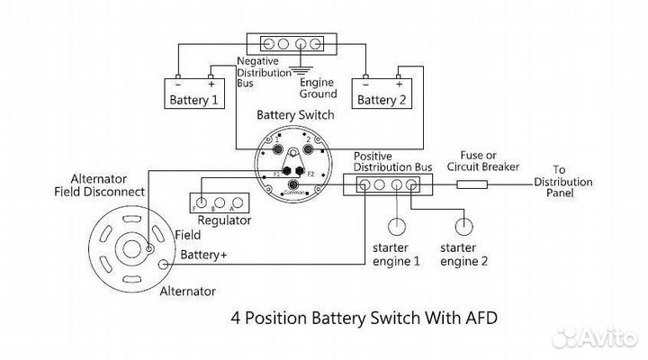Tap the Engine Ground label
(319, 87)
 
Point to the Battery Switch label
(295, 115)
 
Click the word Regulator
(223, 220)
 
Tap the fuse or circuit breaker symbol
(473, 185)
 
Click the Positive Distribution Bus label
(392, 162)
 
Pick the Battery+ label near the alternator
(204, 256)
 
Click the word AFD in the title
(476, 318)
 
